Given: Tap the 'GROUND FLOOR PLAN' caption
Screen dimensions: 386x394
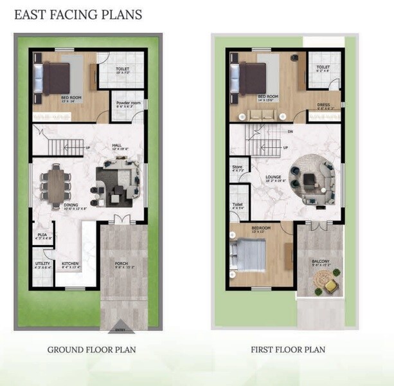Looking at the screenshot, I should (91, 350).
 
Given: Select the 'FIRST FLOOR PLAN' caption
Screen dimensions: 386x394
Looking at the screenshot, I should (288, 350).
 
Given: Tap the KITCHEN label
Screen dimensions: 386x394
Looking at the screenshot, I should (71, 263).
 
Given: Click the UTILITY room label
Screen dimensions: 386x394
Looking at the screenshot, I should (43, 262).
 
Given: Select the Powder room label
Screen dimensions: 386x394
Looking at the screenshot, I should (128, 103).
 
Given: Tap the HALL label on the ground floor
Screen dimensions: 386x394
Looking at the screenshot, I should (116, 145).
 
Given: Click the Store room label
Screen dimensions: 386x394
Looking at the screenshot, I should (237, 167).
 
